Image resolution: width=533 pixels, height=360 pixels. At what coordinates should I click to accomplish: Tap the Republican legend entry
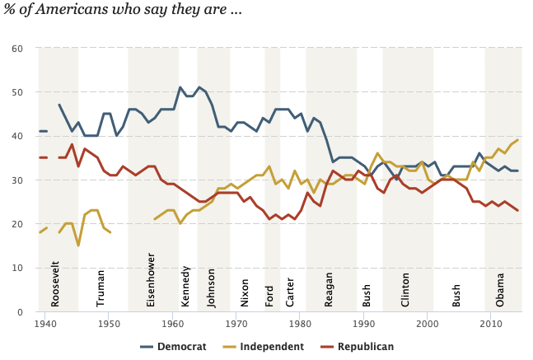(x=365, y=347)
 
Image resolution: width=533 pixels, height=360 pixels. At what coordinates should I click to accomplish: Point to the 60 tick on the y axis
(x=16, y=49)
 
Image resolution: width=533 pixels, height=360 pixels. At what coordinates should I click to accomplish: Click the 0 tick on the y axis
(x=19, y=312)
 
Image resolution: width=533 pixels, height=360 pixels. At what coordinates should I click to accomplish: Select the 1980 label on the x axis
(x=300, y=325)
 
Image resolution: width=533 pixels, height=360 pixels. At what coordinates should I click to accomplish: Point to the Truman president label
(x=101, y=288)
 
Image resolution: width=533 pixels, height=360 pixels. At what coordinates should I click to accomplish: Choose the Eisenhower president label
(x=151, y=284)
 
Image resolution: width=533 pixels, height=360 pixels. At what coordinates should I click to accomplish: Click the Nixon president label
(x=245, y=292)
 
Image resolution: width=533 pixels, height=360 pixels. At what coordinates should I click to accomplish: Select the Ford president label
(x=269, y=295)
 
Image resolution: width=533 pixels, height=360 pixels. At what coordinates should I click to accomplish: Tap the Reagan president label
(x=329, y=289)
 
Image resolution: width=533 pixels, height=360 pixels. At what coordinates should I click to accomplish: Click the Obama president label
(x=500, y=291)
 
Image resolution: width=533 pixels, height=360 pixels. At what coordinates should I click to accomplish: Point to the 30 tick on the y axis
(x=16, y=180)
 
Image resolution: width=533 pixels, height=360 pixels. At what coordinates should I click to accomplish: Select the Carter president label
(x=290, y=292)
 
